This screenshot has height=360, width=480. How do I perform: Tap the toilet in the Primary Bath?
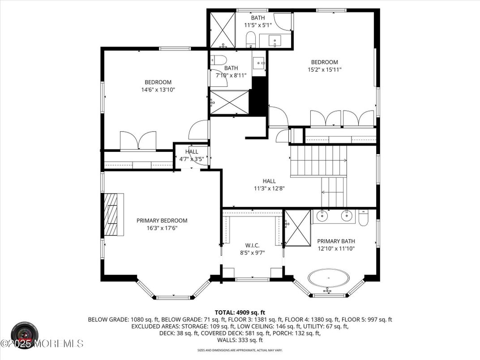click(x=363, y=217)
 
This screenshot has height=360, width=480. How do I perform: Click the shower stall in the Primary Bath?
click(x=297, y=227)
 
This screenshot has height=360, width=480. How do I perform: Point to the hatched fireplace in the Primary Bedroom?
click(x=114, y=214)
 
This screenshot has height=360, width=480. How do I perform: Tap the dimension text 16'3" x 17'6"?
click(x=162, y=228)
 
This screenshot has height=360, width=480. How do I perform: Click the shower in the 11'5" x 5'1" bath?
click(x=223, y=30)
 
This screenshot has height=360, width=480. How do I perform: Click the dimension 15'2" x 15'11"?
click(x=325, y=69)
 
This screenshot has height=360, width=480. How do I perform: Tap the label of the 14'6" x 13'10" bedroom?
click(x=158, y=82)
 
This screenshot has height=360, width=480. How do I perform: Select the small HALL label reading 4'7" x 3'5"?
click(x=192, y=152)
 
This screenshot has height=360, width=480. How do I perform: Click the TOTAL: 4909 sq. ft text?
click(x=240, y=313)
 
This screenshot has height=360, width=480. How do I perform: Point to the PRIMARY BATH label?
click(x=336, y=241)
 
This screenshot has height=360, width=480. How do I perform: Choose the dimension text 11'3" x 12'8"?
click(x=269, y=189)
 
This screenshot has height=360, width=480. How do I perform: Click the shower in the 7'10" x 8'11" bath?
click(x=229, y=102)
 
